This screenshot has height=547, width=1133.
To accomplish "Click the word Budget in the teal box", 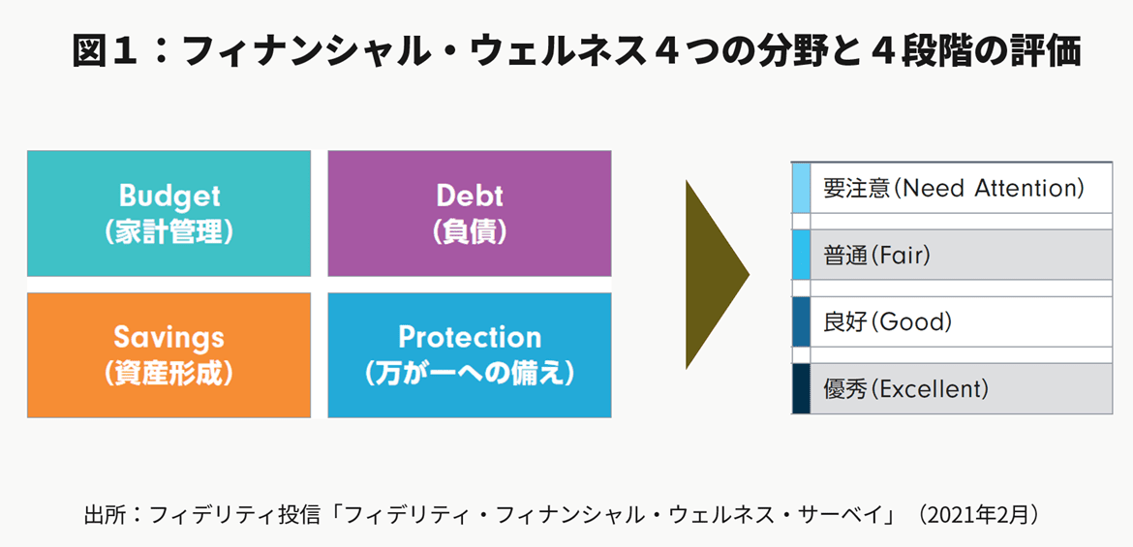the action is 169,196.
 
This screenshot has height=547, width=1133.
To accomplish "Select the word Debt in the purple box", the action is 469,196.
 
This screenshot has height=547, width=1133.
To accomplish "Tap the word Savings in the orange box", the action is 169,338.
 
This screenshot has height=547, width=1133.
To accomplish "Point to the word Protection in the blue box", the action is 469,338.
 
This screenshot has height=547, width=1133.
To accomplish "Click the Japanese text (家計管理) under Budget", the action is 169,232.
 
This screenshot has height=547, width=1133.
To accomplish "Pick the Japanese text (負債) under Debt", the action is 469,232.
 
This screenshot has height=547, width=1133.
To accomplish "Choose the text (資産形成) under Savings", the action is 169,374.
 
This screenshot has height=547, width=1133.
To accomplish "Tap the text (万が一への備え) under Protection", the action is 469,374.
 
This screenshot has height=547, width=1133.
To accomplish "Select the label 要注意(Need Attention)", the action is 954,189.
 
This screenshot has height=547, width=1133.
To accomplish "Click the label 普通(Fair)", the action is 875,255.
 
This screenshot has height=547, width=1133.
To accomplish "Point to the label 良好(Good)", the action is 887,321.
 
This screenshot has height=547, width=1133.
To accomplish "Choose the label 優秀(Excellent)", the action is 905,389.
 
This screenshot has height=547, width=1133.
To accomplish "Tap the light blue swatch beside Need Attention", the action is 801,188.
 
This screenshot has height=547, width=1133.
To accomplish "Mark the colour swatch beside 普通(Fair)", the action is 801,255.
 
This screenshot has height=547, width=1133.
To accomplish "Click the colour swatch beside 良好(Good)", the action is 801,321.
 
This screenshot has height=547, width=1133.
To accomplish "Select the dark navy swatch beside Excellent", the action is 801,389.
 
